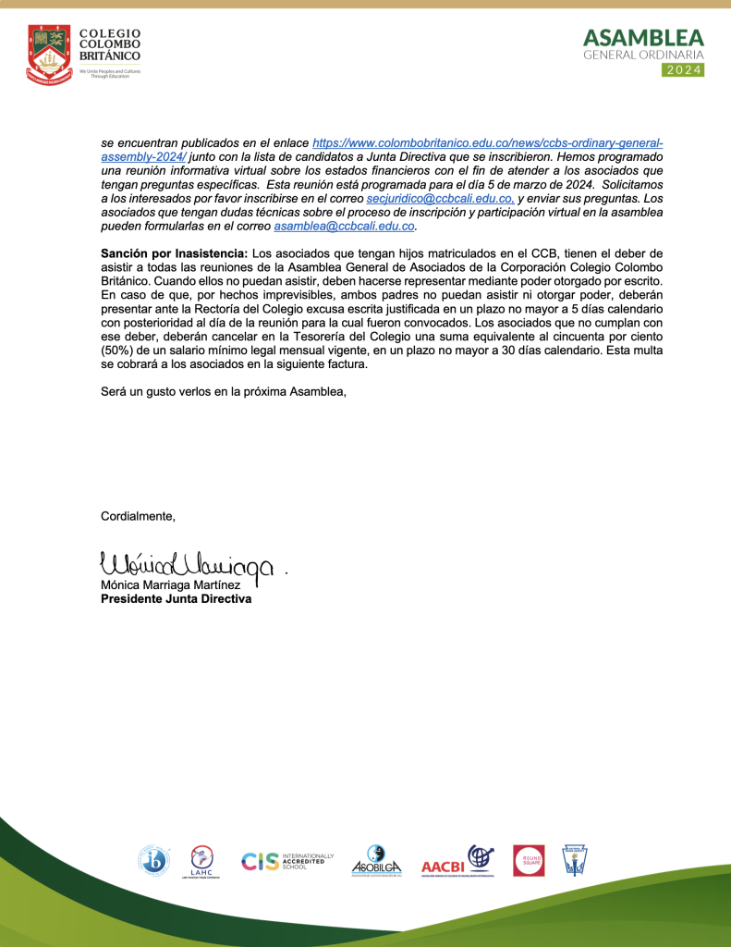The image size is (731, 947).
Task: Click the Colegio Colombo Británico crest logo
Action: point(48,52)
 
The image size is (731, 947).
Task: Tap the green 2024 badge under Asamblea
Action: point(684,69)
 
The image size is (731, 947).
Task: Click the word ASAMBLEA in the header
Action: point(643,38)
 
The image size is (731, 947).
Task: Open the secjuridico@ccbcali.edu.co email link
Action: point(439,199)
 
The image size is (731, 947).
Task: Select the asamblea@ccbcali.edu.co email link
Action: point(345,226)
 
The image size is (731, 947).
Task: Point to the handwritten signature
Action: point(185,563)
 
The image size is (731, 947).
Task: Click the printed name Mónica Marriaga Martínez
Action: point(171,585)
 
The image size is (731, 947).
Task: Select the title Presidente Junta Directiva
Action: point(176,598)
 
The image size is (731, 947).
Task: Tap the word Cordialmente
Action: point(138,516)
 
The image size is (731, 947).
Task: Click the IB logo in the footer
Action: point(153,861)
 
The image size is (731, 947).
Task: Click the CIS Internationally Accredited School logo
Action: point(287,861)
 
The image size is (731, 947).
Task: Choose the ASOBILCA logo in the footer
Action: point(376,861)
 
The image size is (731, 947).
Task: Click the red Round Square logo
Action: point(529,861)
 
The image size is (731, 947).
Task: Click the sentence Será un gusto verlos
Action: point(224,392)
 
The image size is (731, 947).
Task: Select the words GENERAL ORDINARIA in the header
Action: point(643,55)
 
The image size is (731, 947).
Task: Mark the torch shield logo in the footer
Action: point(575,861)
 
